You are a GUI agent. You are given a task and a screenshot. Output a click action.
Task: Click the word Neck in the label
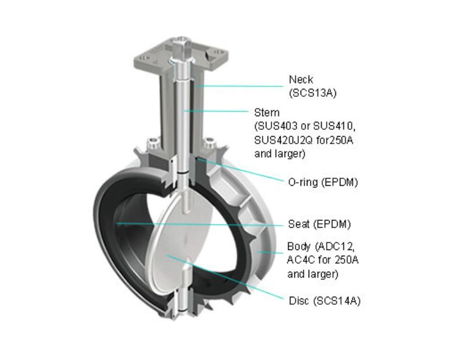pyautogui.click(x=301, y=80)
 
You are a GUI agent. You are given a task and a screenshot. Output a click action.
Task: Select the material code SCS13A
pyautogui.click(x=313, y=93)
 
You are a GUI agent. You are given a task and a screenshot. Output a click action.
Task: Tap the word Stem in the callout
pyautogui.click(x=266, y=112)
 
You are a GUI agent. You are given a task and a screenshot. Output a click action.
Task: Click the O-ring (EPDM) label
pyautogui.click(x=323, y=182)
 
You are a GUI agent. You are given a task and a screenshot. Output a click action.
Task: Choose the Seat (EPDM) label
pyautogui.click(x=319, y=224)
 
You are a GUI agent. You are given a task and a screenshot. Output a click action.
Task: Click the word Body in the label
pyautogui.click(x=299, y=247)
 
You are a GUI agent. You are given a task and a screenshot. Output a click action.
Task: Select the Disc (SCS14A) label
pyautogui.click(x=325, y=301)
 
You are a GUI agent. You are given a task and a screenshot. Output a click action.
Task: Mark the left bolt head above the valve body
pyautogui.click(x=154, y=144)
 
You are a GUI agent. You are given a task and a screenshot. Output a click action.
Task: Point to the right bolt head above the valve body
pyautogui.click(x=210, y=143)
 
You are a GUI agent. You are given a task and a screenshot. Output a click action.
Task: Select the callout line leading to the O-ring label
pyautogui.click(x=241, y=170)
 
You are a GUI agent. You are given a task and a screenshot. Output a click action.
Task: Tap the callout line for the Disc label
pyautogui.click(x=225, y=277)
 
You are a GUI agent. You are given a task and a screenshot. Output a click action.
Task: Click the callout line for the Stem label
pyautogui.click(x=216, y=111)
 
